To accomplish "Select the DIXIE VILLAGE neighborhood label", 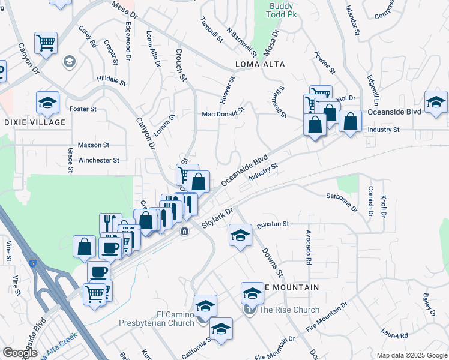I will [x=34, y=122].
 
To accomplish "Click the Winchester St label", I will [x=98, y=160].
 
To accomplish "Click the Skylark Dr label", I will [x=217, y=218].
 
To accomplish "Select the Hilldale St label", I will [x=112, y=79].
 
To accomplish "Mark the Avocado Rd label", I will [x=308, y=247].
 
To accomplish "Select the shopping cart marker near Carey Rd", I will [x=46, y=43].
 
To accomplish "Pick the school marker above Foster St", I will [x=47, y=102].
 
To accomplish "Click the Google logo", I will [x=20, y=353].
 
